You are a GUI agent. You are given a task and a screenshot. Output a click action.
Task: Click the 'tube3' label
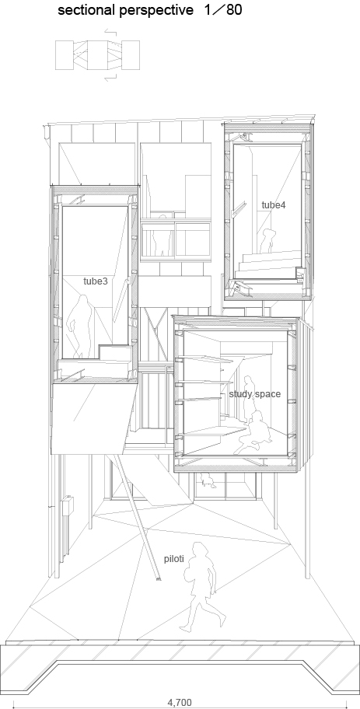click(96, 281)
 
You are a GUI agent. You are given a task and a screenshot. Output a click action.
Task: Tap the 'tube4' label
click(274, 204)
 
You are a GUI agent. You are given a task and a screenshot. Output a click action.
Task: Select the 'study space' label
click(254, 394)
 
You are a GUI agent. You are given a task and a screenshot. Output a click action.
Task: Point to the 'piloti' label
click(173, 558)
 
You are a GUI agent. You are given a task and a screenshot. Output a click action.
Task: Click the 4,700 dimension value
click(180, 703)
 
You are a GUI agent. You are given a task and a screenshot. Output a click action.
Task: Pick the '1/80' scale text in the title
click(223, 10)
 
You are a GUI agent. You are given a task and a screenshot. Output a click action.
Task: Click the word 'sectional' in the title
click(85, 10)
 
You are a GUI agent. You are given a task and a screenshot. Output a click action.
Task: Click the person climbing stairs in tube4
click(267, 241)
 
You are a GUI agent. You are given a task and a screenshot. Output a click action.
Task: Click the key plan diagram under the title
click(97, 55)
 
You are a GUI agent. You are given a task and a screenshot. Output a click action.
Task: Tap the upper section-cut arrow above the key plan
click(111, 32)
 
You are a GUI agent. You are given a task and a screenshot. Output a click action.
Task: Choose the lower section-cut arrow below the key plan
click(111, 78)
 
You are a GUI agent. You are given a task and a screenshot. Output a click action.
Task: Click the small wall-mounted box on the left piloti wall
click(68, 505)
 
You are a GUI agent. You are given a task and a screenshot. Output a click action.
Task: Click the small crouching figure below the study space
click(208, 480)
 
